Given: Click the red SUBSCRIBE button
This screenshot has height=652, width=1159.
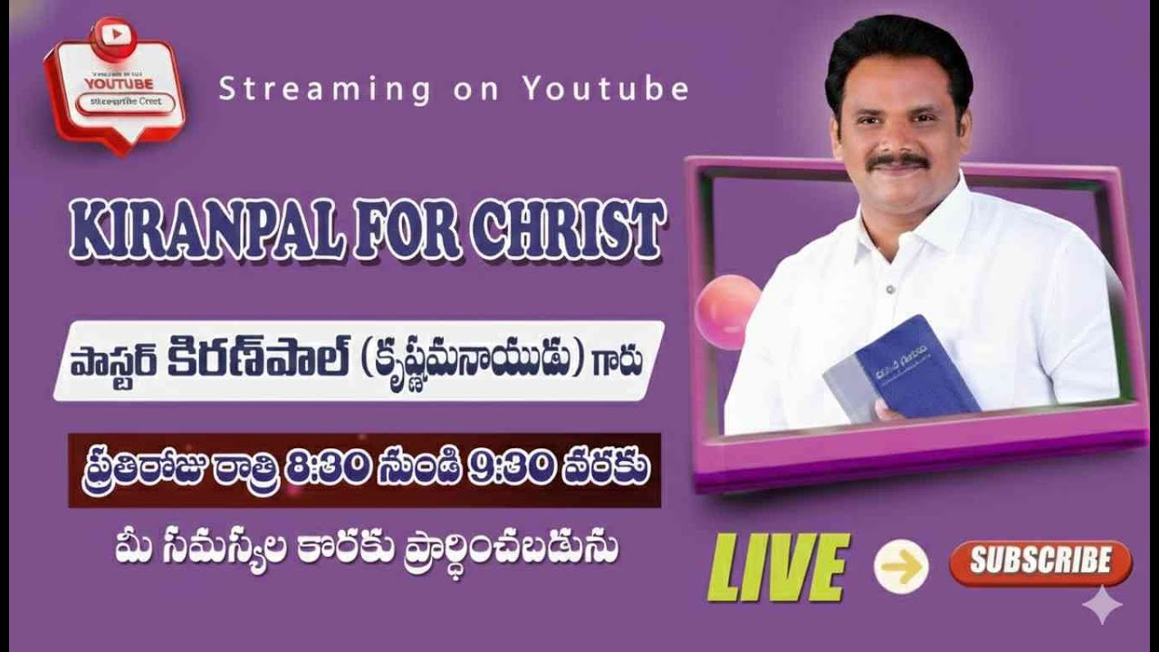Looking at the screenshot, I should tap(1040, 563).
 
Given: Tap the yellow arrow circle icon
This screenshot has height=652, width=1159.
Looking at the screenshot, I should tap(901, 566).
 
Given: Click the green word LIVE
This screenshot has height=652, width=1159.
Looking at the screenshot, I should tap(779, 567).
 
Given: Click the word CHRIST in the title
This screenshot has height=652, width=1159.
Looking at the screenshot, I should tap(568, 232).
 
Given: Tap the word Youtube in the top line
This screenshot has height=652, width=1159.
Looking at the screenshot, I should tap(606, 89).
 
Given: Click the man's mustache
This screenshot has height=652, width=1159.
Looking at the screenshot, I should tap(896, 160).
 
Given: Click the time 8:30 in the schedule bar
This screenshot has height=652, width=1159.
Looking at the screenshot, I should tap(327, 469).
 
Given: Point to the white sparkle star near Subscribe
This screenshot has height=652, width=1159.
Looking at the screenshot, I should tap(1102, 604).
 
